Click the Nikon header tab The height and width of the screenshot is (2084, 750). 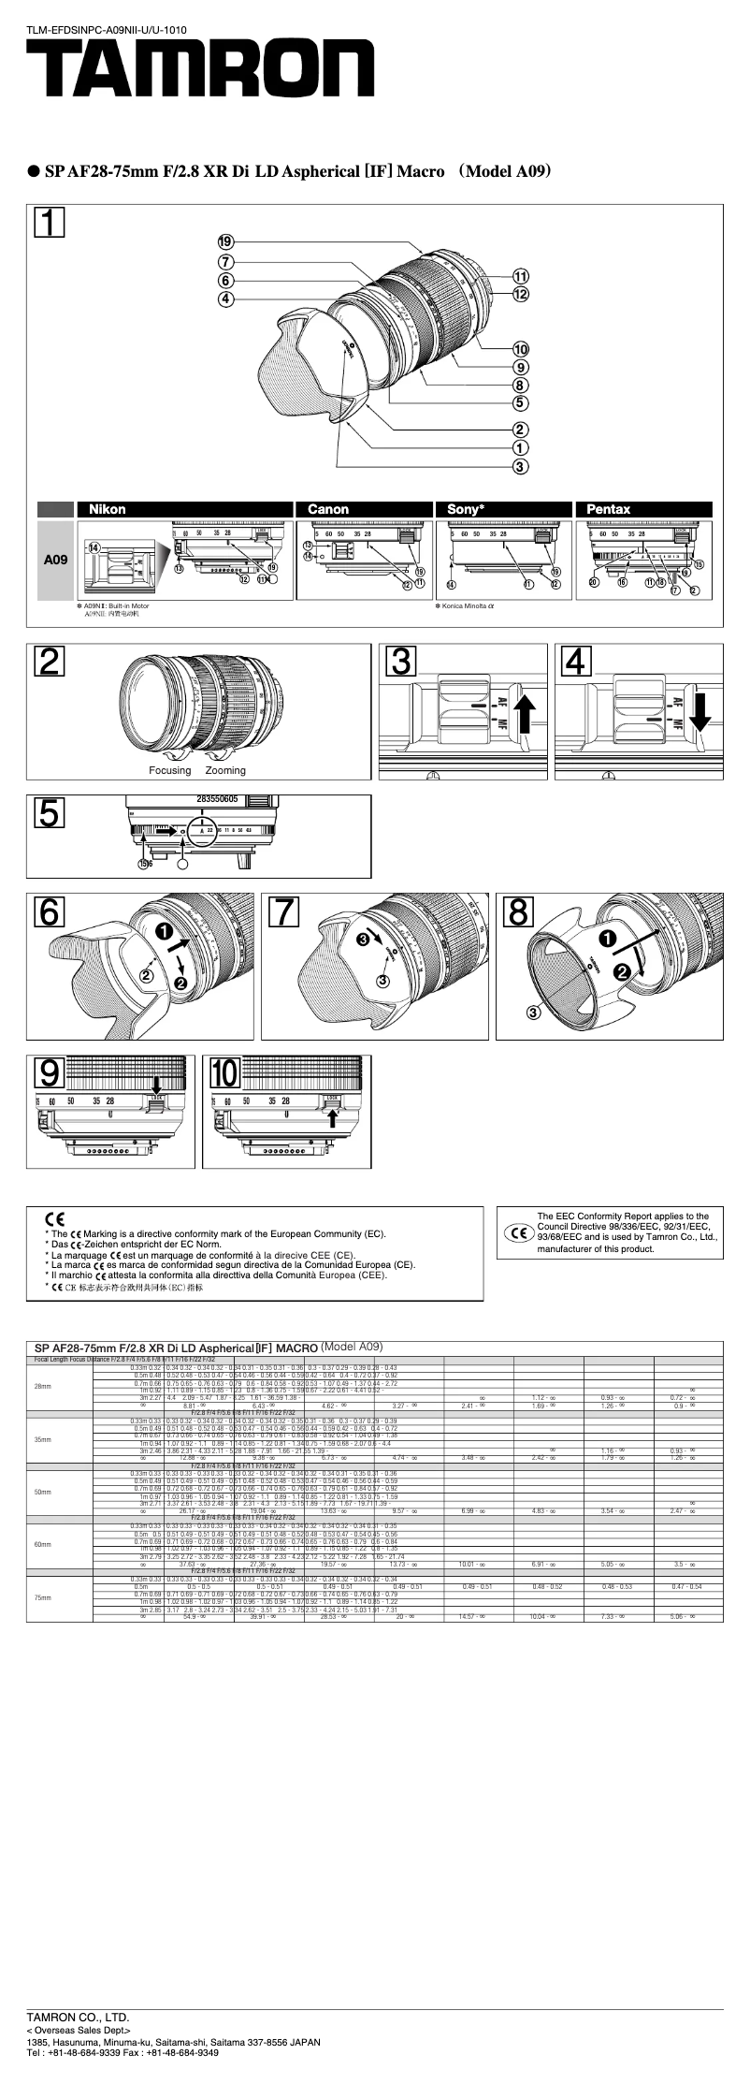point(107,509)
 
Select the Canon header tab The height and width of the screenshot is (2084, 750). point(328,509)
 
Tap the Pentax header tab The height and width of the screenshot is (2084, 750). point(608,509)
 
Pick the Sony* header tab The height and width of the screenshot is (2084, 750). point(466,509)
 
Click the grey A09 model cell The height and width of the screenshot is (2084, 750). point(55,560)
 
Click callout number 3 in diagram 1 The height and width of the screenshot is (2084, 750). point(520,466)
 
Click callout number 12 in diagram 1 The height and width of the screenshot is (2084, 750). point(520,294)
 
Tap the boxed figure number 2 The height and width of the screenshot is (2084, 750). point(49,663)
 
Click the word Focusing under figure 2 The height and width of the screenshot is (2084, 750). point(169,770)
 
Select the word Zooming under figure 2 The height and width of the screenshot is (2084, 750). point(225,770)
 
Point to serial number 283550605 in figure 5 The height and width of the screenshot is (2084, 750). point(217,800)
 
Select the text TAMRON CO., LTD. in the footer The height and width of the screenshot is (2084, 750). point(78,2042)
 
